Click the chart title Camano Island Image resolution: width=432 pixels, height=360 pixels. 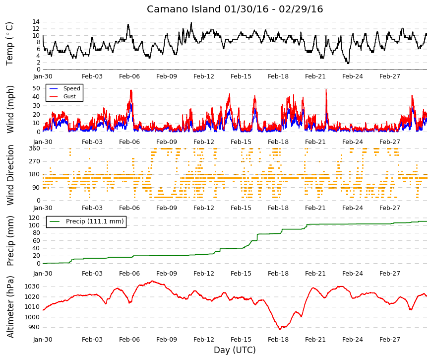[x=184, y=9]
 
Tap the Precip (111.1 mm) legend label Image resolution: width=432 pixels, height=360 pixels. [x=95, y=221]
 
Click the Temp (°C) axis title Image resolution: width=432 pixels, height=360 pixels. [x=9, y=44]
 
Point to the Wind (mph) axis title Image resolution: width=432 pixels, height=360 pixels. [x=10, y=110]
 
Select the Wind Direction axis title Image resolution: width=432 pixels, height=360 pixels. [x=10, y=175]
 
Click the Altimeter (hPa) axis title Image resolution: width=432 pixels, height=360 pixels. [x=10, y=307]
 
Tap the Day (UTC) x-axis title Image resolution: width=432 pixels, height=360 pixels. [x=235, y=350]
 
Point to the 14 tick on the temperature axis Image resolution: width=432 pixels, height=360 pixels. [x=36, y=22]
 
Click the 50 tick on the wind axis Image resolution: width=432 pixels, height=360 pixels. [x=36, y=88]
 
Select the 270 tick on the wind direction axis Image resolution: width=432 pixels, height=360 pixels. [x=35, y=161]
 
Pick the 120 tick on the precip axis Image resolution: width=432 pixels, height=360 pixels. [x=35, y=218]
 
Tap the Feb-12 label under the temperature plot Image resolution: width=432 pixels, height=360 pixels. [x=204, y=76]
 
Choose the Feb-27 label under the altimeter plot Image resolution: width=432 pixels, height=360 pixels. [x=389, y=340]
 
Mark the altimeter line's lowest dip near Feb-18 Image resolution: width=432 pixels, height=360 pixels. [x=280, y=329]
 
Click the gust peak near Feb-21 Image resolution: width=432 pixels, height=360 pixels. [x=326, y=89]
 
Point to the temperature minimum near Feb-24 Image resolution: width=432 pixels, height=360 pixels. [x=348, y=64]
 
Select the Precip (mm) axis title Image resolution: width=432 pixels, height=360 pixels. [x=10, y=241]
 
